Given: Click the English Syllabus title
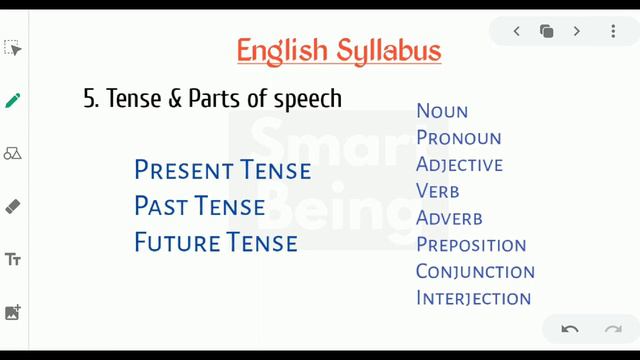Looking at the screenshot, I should click(339, 50).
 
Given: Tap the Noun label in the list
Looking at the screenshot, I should click(442, 111).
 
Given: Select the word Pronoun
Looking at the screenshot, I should click(459, 138).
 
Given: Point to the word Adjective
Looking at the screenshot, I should click(459, 164).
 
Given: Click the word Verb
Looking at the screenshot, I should click(438, 191).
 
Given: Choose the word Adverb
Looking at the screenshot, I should click(449, 218).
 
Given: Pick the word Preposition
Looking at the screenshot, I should click(471, 245).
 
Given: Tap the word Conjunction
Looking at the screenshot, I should click(475, 271).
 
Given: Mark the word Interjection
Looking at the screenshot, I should click(473, 298).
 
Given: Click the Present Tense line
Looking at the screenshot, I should click(222, 170).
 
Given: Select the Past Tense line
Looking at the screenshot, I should click(200, 207).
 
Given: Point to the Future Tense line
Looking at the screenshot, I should click(216, 243).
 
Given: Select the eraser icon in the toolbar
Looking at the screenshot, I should click(13, 207).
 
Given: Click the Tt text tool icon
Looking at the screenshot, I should click(13, 260).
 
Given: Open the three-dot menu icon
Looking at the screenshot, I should click(613, 32).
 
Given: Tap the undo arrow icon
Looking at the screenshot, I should click(570, 329).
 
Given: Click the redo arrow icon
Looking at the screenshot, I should click(613, 329).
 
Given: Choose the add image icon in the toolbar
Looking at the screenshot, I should click(13, 312).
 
